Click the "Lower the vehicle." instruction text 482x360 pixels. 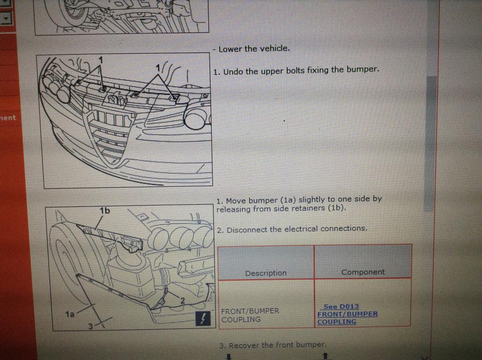[x=254, y=49]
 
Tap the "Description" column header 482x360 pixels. [x=265, y=273]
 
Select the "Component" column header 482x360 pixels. [x=363, y=272]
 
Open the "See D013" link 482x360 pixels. [x=341, y=307]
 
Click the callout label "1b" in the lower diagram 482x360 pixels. [x=105, y=210]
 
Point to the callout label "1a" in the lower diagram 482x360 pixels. [x=70, y=314]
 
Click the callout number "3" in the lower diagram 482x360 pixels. [x=90, y=326]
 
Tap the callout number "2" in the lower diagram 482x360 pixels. [x=182, y=300]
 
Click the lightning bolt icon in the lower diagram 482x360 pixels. [x=203, y=318]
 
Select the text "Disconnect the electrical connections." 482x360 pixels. [x=297, y=229]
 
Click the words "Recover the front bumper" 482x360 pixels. [x=276, y=345]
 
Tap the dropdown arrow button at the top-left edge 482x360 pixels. [x=6, y=19]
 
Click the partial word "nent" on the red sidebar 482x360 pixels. [x=8, y=118]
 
